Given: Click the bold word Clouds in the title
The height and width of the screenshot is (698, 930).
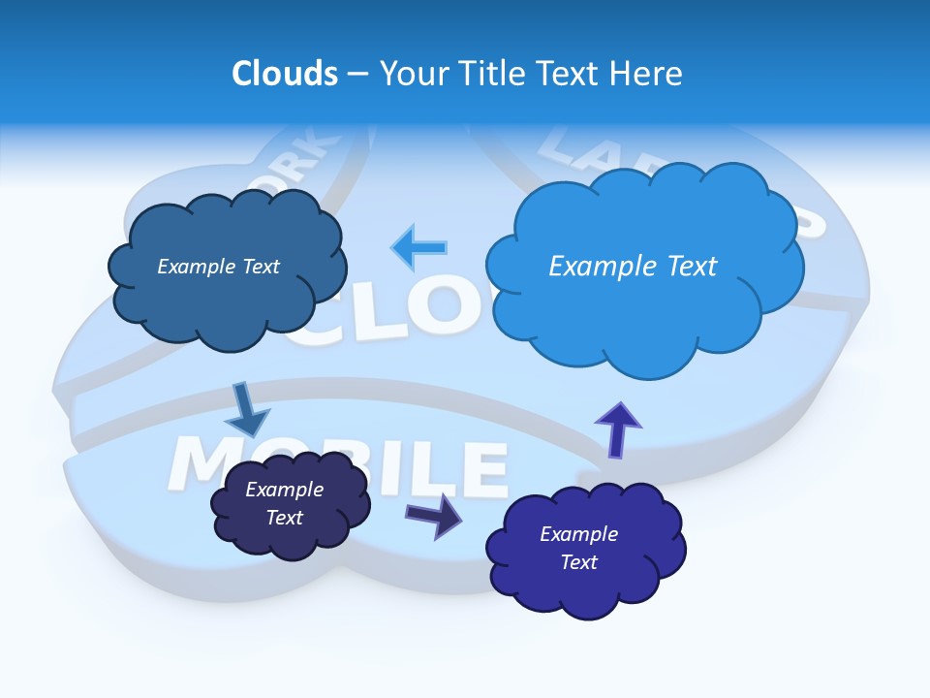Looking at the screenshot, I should pyautogui.click(x=285, y=73).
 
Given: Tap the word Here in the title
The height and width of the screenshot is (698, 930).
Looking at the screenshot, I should pyautogui.click(x=649, y=73).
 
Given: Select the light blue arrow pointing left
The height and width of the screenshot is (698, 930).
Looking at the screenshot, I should pyautogui.click(x=419, y=247).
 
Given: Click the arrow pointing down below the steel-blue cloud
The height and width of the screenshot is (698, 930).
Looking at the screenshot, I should pyautogui.click(x=247, y=409).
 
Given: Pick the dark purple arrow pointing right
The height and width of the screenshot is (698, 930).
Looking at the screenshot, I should pyautogui.click(x=434, y=515).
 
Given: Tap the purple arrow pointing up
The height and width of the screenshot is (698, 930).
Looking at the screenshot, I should pyautogui.click(x=618, y=428).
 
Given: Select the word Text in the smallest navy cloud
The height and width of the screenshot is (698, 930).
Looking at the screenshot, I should pyautogui.click(x=284, y=518).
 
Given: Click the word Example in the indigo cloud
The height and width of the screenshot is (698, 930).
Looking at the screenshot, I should pyautogui.click(x=578, y=534).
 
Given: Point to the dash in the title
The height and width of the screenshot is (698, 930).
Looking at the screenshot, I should pyautogui.click(x=358, y=73).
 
